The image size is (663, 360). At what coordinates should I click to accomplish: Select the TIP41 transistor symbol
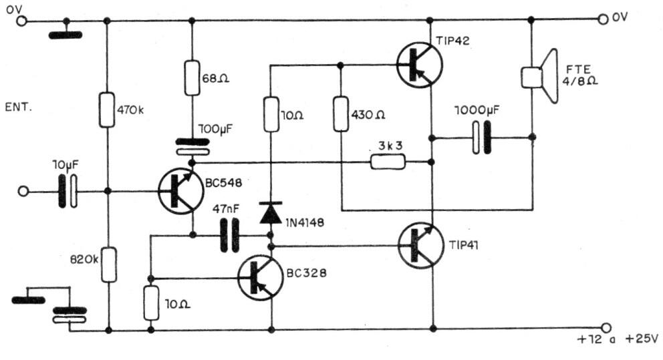(x=419, y=246)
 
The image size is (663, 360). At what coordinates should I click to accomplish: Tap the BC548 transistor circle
(x=180, y=191)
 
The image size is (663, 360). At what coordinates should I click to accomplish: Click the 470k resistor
(x=107, y=110)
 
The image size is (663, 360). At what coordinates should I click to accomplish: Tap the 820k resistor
(x=107, y=264)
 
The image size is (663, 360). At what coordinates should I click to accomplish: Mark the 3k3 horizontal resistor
(x=388, y=161)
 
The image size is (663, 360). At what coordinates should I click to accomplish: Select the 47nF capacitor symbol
(x=229, y=235)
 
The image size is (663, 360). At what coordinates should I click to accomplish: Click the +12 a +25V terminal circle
(x=605, y=328)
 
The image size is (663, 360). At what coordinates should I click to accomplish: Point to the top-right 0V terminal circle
(x=604, y=20)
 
